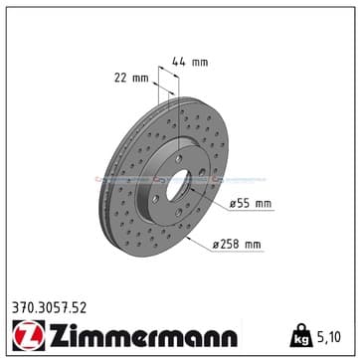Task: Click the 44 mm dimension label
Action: click(x=190, y=62)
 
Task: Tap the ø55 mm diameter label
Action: click(x=251, y=204)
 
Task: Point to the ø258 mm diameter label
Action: click(x=237, y=245)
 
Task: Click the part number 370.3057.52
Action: click(x=49, y=308)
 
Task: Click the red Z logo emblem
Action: click(x=29, y=335)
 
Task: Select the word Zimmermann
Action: click(x=143, y=335)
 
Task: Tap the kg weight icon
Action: click(x=301, y=335)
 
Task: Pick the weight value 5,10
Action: click(x=328, y=337)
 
